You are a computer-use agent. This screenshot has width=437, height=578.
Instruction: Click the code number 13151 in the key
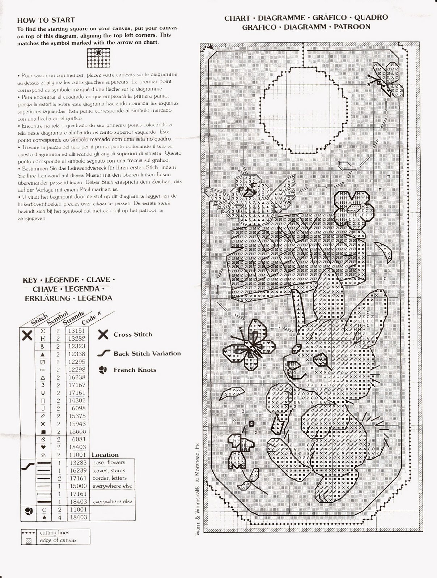[x=76, y=331]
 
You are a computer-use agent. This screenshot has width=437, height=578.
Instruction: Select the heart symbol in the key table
[x=43, y=447]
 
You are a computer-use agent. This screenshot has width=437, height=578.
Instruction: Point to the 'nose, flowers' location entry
[x=109, y=462]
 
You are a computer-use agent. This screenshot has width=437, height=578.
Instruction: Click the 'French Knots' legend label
[x=135, y=370]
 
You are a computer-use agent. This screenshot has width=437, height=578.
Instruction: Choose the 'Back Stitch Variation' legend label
[x=147, y=353]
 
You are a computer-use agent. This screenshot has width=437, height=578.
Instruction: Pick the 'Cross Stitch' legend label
[x=133, y=335]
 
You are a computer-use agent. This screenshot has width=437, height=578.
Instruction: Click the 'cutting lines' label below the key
[x=55, y=532]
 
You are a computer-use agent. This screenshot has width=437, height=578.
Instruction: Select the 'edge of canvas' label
[x=58, y=540]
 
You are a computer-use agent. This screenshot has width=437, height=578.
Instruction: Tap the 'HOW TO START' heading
[x=46, y=20]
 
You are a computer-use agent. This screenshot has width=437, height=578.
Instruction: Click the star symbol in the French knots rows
[x=43, y=517]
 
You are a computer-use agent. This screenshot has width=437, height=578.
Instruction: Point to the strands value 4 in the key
[x=58, y=517]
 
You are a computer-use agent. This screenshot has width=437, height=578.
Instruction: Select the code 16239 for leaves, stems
[x=76, y=470]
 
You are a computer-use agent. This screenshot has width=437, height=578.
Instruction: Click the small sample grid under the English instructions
[x=98, y=58]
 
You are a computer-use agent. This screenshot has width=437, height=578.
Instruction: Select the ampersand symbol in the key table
[x=43, y=346]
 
